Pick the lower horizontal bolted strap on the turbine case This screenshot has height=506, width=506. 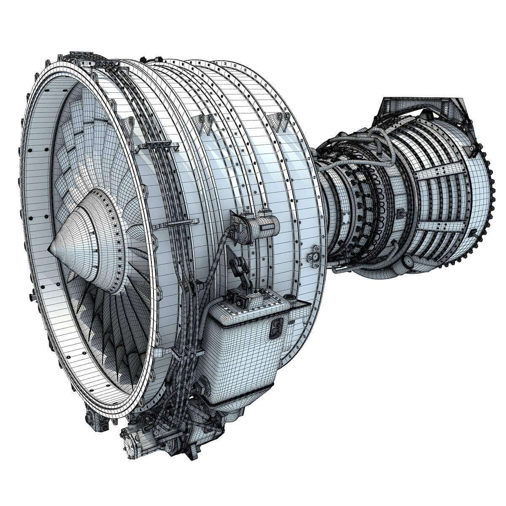coord(439,228)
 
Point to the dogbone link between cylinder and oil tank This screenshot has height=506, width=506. coord(238,268)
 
